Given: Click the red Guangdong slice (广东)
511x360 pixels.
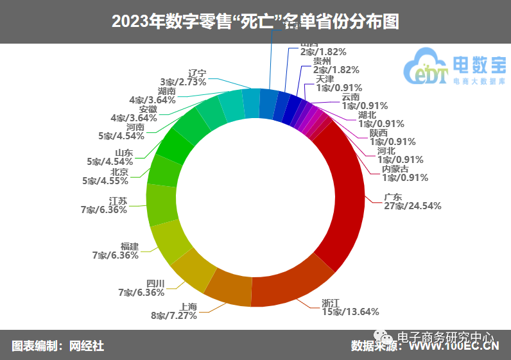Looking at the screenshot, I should click(341, 193).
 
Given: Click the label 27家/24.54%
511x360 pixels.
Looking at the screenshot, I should click(411, 206).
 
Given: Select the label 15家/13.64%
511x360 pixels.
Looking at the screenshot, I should click(350, 312).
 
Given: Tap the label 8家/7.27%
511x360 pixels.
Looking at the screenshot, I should click(173, 315).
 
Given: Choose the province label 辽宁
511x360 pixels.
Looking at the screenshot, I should click(197, 73).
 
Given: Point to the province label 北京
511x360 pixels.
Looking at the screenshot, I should click(119, 172).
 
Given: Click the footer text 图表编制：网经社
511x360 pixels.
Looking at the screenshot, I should click(58, 347).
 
